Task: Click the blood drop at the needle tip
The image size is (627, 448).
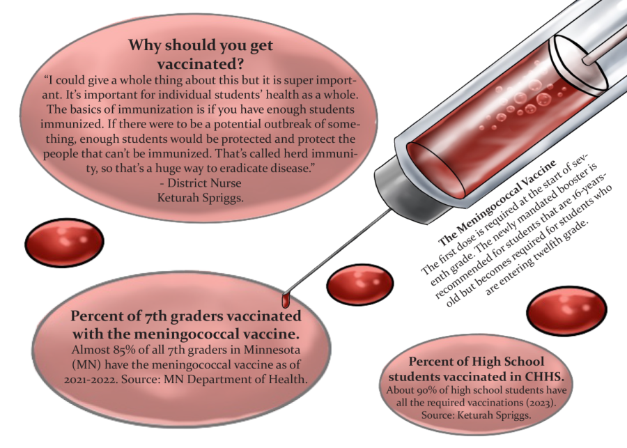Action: [285, 300]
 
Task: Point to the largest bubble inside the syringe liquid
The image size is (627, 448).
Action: [544, 98]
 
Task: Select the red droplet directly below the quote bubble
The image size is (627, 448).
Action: [64, 242]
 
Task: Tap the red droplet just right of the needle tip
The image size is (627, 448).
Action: [360, 284]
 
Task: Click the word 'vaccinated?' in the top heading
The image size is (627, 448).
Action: [200, 64]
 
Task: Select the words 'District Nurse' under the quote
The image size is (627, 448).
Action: [204, 183]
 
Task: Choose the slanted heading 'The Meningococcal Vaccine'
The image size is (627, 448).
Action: [497, 203]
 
